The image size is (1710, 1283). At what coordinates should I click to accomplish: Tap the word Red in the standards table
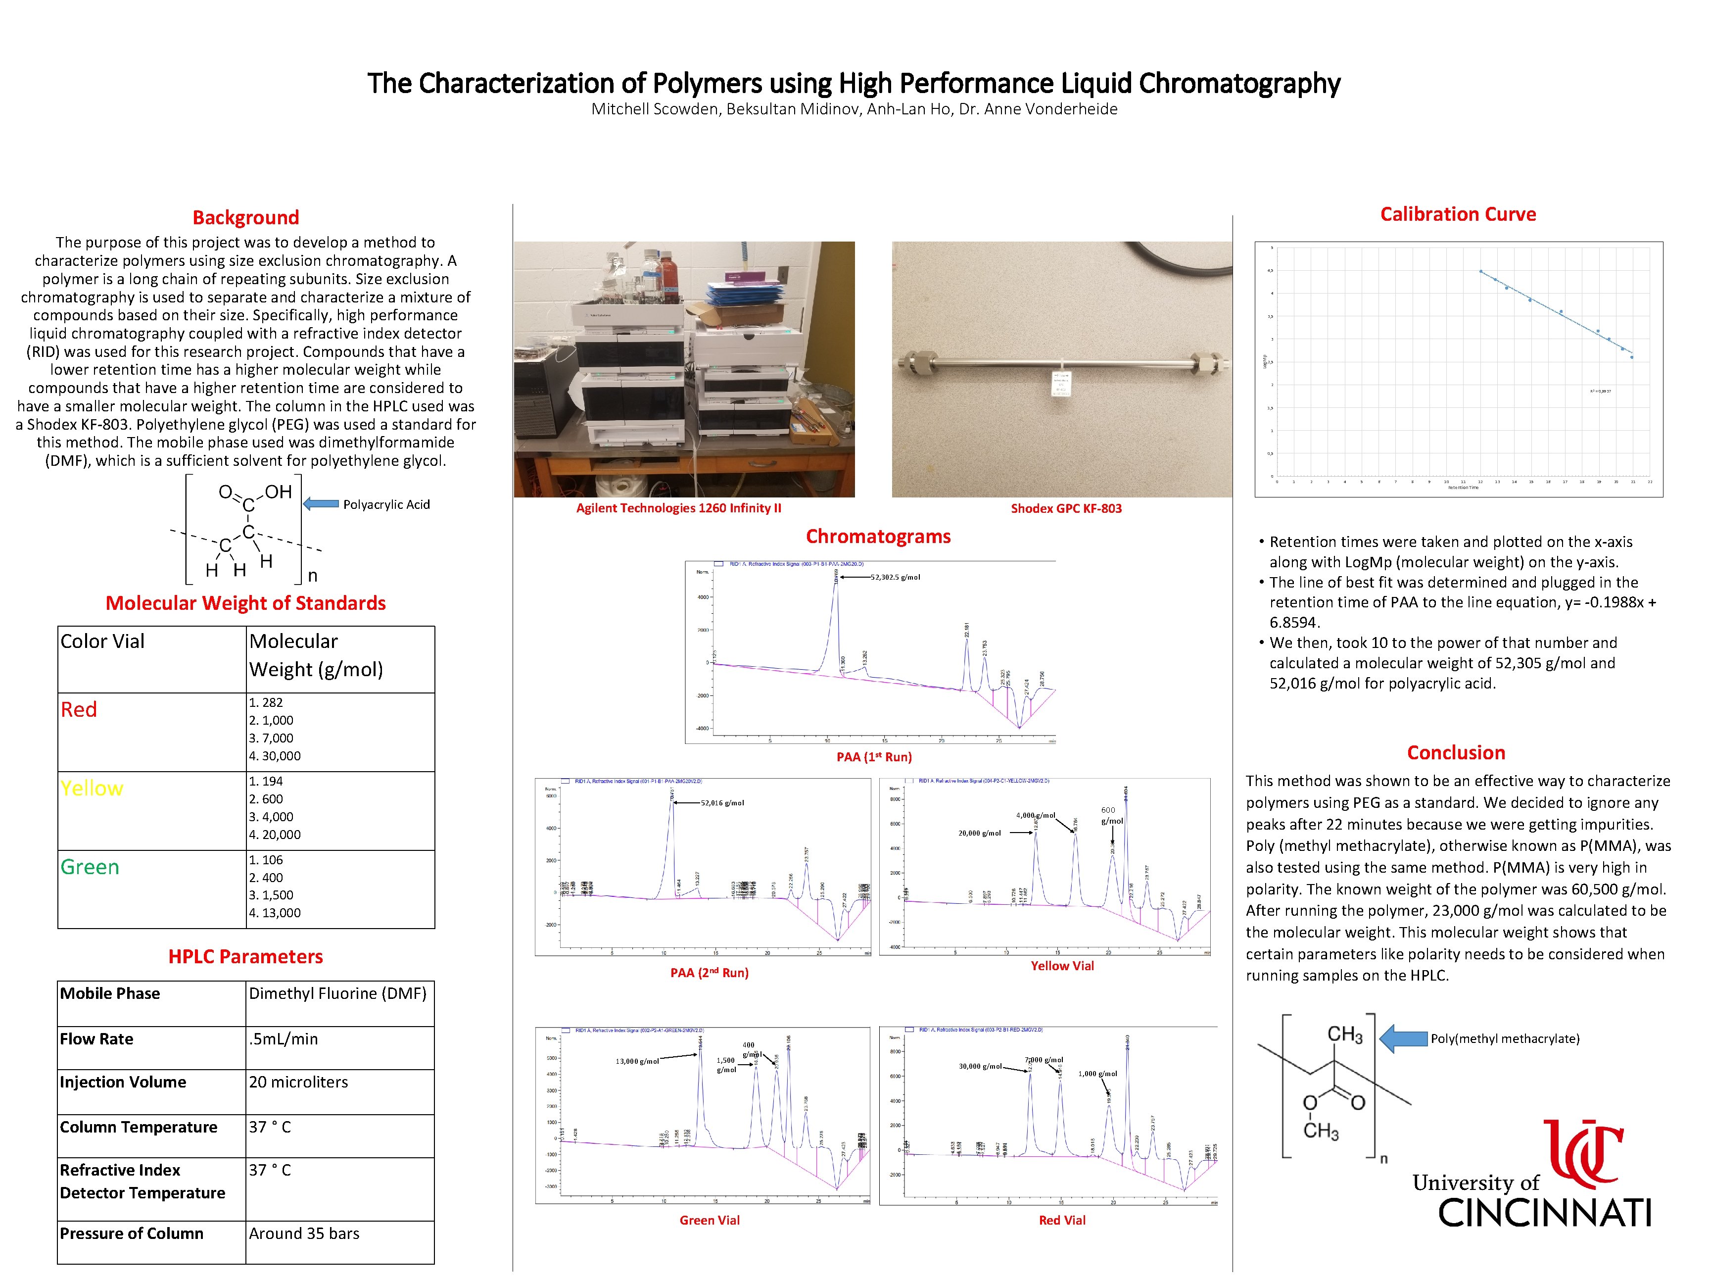79,709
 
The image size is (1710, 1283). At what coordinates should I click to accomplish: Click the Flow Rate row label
96,1038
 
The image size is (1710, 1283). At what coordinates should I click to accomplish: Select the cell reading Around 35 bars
304,1234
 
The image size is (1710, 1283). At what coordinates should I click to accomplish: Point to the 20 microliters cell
298,1082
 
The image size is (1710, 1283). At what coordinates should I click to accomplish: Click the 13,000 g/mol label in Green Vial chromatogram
637,1061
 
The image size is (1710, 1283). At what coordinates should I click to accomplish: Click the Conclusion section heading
1456,752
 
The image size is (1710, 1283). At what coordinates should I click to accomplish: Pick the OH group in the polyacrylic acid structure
278,492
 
